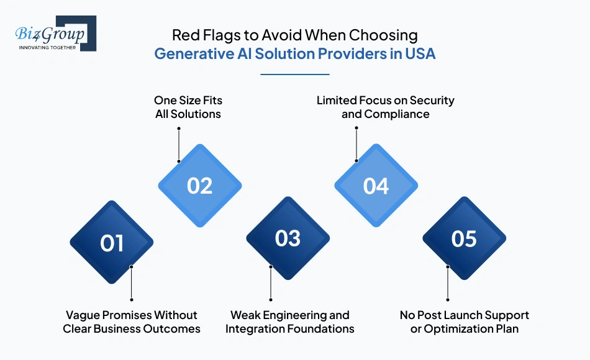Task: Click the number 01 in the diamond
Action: pos(112,243)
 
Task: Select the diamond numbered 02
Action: pos(199,186)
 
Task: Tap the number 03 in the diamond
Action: pos(288,239)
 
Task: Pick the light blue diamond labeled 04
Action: pos(376,186)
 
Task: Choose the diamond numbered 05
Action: pos(464,239)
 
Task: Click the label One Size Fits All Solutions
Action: pos(188,107)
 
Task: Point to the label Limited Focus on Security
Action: pos(385,100)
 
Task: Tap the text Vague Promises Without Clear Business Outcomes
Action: pos(132,322)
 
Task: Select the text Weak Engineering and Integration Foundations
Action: pos(289,322)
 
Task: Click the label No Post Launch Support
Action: pos(464,315)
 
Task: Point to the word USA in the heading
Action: pos(420,54)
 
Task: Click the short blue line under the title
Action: pos(294,74)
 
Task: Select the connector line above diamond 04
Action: pos(356,144)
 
